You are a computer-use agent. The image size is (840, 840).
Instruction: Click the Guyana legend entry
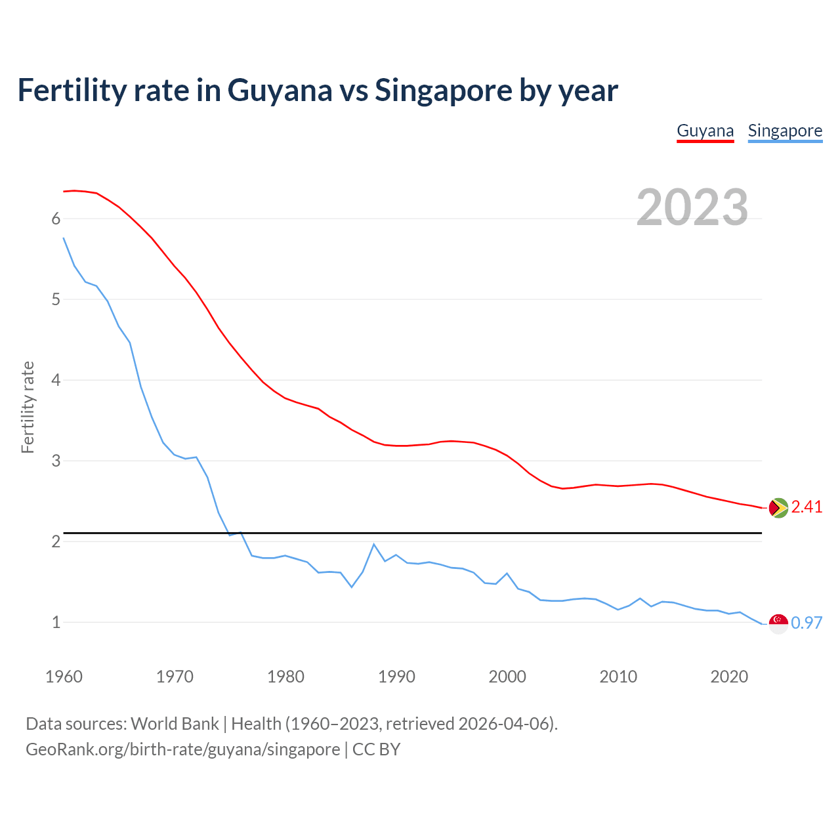[x=705, y=131]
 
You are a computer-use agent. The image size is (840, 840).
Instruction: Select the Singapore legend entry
[x=785, y=131]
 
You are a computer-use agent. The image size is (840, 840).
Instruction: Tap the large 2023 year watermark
[x=692, y=207]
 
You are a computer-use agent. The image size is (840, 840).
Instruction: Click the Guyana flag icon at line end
[x=778, y=508]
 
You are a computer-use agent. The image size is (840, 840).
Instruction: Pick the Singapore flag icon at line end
[x=778, y=623]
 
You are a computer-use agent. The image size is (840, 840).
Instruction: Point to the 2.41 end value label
[x=807, y=507]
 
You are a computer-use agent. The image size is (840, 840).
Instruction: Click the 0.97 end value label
[x=807, y=623]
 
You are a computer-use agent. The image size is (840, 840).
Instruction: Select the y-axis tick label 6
[x=56, y=219]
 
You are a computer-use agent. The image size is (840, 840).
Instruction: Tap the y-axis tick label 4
[x=56, y=381]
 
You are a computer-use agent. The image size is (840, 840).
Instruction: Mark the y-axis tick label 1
[x=56, y=622]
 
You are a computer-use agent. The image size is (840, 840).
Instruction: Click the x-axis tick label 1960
[x=64, y=677]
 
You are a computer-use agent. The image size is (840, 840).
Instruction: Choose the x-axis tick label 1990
[x=396, y=677]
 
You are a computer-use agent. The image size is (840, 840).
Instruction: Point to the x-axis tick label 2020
[x=729, y=677]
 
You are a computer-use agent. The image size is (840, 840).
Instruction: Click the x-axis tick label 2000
[x=507, y=677]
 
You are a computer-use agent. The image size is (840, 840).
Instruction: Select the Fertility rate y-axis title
[x=28, y=407]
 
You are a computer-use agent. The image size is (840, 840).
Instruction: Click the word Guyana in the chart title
[x=280, y=91]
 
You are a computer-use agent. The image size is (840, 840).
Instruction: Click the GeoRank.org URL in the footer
[x=182, y=749]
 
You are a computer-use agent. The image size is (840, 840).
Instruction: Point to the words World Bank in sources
[x=175, y=724]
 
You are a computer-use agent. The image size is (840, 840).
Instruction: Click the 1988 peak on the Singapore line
[x=373, y=544]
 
